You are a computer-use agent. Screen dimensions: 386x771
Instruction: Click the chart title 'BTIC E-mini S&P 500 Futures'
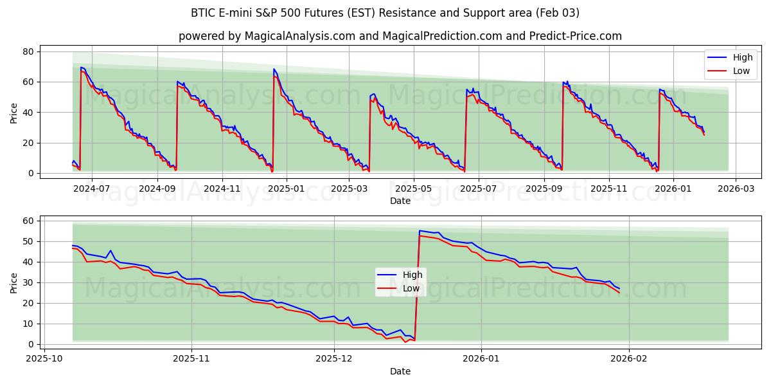385,13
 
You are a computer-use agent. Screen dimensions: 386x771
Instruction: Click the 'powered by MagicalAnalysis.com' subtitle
400,36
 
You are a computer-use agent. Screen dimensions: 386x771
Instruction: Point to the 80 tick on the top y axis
28,51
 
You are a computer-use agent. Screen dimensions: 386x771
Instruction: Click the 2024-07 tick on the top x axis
91,188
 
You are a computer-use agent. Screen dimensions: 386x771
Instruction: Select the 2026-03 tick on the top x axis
736,188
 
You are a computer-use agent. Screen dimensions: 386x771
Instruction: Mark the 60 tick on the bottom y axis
28,221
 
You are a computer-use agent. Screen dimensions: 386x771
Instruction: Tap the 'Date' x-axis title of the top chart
400,201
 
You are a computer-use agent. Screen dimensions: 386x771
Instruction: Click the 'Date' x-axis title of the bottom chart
400,371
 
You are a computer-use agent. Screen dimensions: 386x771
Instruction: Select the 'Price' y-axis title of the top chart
14,113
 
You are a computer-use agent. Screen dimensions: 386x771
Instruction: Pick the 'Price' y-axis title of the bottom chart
14,283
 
